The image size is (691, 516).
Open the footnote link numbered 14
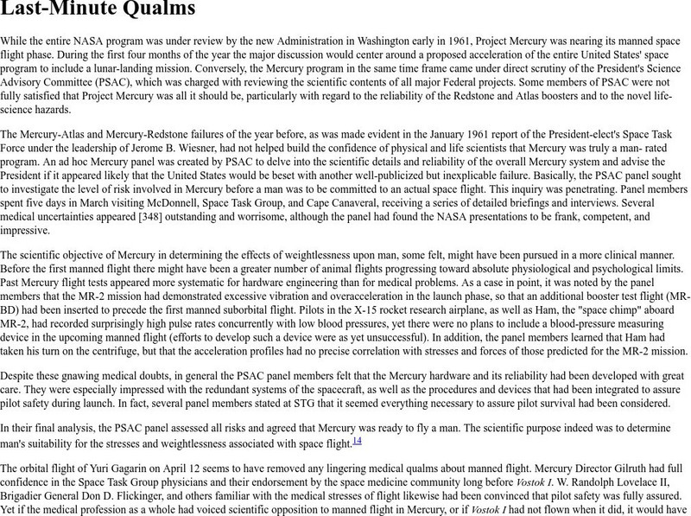(x=357, y=441)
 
